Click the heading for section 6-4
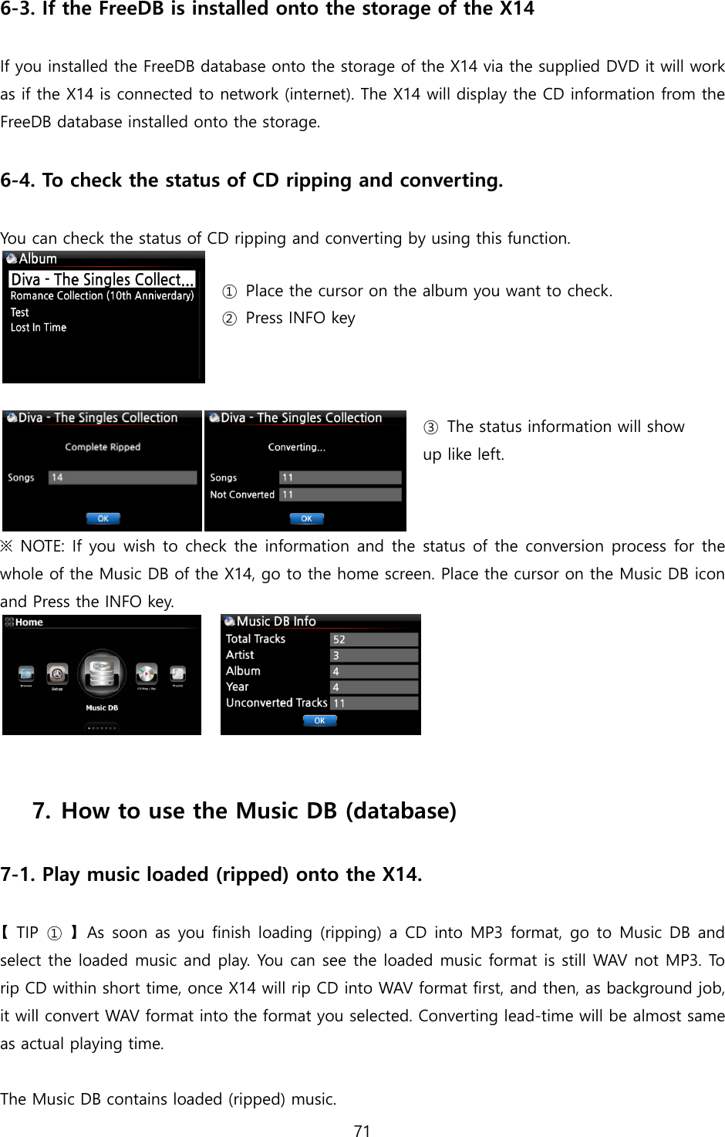(x=251, y=181)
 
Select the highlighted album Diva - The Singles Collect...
(x=102, y=279)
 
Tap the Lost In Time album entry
(x=39, y=328)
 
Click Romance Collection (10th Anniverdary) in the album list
(x=102, y=296)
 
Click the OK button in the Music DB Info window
(x=319, y=720)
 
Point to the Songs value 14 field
(x=122, y=477)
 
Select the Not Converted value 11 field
(x=339, y=494)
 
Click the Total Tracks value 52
(x=373, y=639)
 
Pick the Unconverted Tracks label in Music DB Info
(x=276, y=703)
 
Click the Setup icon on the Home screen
(x=57, y=674)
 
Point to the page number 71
(x=362, y=1131)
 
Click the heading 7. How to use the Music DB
(x=244, y=811)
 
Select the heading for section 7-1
(x=211, y=875)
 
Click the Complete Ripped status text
(x=103, y=447)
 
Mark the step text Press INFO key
(x=299, y=319)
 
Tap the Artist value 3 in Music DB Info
(x=373, y=656)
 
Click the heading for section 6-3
(x=267, y=10)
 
